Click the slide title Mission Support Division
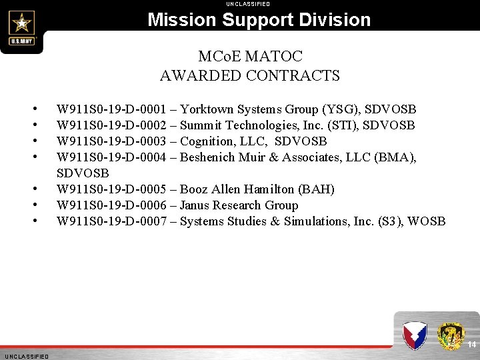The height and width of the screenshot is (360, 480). click(259, 19)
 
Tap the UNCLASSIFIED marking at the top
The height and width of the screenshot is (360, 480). click(248, 4)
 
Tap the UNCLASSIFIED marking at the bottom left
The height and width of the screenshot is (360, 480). click(25, 357)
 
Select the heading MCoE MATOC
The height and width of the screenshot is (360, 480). click(250, 57)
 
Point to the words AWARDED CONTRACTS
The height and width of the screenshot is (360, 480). click(250, 75)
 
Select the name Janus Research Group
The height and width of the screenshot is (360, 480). click(239, 205)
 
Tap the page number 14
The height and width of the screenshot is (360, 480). click(471, 345)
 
